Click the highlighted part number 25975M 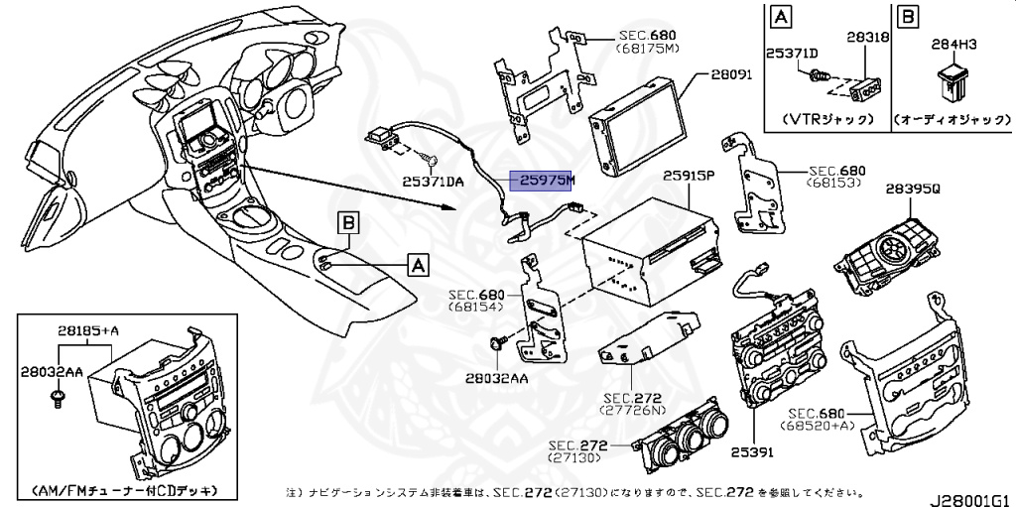pos(542,182)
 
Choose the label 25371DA pos(434,181)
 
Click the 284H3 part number pos(953,44)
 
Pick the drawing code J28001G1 pos(970,493)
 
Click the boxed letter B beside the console pos(348,224)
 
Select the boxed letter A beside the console pos(418,264)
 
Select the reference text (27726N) pos(630,409)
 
